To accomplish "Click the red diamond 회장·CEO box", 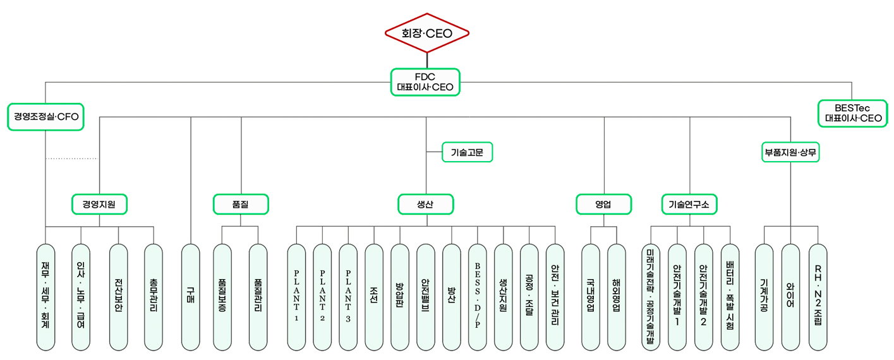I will pos(427,33).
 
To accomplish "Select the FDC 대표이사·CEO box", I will pos(425,82).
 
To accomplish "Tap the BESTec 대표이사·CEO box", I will pos(852,114).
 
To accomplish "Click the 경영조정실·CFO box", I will pos(45,117).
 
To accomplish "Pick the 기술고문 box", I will pos(466,152).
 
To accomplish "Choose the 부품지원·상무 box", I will pos(790,152).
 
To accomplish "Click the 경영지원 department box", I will pos(99,204).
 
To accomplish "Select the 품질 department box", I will pos(241,204).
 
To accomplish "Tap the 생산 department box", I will pos(426,204).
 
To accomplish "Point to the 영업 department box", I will pos(603,204).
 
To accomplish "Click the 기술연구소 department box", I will pos(689,204).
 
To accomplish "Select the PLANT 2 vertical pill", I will pos(322,297).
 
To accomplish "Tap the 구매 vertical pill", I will pos(190,297).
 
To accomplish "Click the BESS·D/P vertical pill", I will pos(478,297).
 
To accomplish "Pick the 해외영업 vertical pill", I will pos(617,297).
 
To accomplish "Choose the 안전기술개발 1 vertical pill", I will pos(677,297).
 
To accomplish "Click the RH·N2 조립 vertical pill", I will pos(818,297).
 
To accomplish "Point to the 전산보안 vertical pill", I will pos(118,297).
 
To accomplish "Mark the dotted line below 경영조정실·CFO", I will pos(71,159).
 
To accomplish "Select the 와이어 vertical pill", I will pos(790,297).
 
